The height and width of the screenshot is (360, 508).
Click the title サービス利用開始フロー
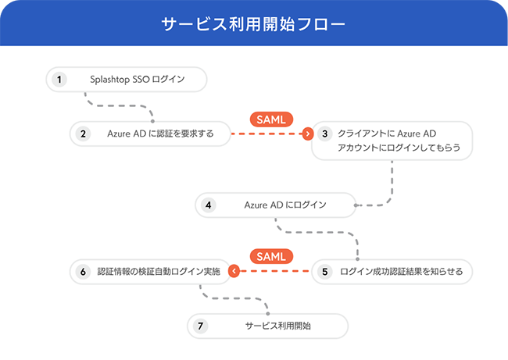(x=253, y=23)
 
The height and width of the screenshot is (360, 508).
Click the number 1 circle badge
(x=59, y=79)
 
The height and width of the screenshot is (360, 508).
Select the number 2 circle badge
(x=82, y=134)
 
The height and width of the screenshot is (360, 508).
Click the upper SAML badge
(x=272, y=119)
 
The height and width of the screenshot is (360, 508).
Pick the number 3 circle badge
(x=325, y=134)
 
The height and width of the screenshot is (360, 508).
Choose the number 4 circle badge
(x=208, y=205)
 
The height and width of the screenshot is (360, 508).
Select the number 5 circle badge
(x=325, y=272)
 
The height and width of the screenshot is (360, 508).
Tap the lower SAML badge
(x=272, y=256)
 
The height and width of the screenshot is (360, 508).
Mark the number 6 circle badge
(x=83, y=272)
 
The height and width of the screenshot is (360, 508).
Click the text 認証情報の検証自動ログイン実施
(x=159, y=272)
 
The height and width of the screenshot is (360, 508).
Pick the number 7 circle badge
(x=201, y=326)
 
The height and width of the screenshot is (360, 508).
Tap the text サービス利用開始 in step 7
(x=277, y=326)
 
